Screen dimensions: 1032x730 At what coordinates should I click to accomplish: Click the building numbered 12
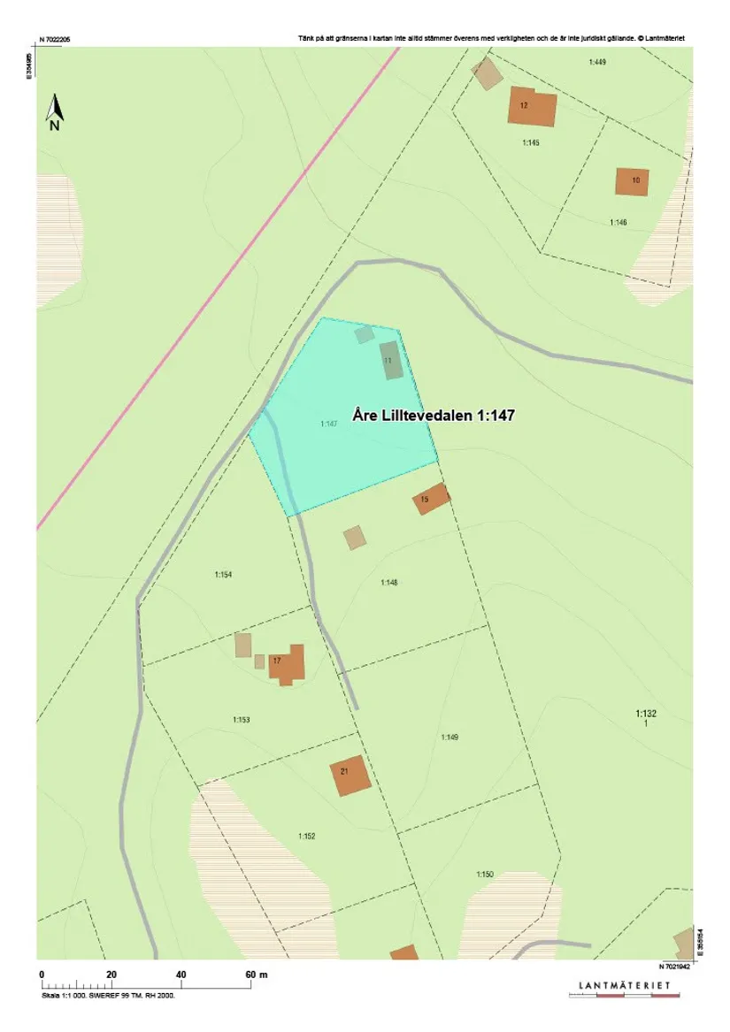point(532,107)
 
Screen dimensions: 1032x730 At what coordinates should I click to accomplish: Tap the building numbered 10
point(632,181)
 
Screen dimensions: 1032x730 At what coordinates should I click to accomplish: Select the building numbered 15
point(431,499)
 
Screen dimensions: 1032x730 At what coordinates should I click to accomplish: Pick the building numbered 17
point(287,664)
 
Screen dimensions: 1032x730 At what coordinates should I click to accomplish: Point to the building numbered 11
point(391,361)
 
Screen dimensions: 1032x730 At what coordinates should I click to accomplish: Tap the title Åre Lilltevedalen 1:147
point(434,413)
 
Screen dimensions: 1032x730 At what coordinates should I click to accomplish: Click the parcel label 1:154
point(222,575)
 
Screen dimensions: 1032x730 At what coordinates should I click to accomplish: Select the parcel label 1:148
point(389,582)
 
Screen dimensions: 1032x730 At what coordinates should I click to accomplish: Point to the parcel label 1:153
point(241,720)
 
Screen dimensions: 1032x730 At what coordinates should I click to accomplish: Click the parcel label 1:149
point(450,737)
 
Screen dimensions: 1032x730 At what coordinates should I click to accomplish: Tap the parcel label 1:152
point(306,836)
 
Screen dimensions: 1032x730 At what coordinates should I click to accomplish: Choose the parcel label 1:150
point(484,875)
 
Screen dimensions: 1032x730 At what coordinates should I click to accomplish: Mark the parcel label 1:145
point(530,142)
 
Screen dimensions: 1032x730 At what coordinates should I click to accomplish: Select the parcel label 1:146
point(618,222)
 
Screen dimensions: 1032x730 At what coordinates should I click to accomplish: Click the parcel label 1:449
point(597,62)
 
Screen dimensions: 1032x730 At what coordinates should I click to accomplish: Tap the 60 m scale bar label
point(257,974)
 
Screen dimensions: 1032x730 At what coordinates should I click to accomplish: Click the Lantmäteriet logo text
point(624,985)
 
